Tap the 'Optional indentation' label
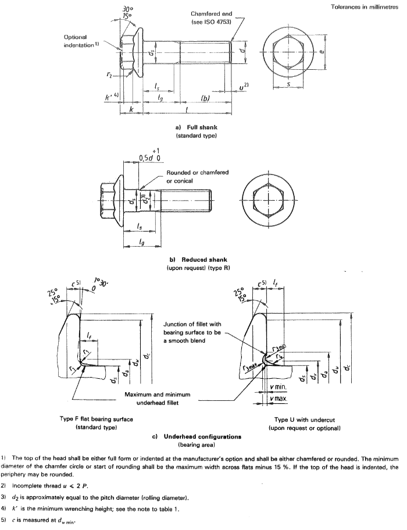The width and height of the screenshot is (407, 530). (81, 41)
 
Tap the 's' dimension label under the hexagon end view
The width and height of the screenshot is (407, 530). (289, 85)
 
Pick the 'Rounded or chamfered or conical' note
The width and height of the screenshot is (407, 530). (197, 176)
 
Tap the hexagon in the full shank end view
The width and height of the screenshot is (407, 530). (288, 49)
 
